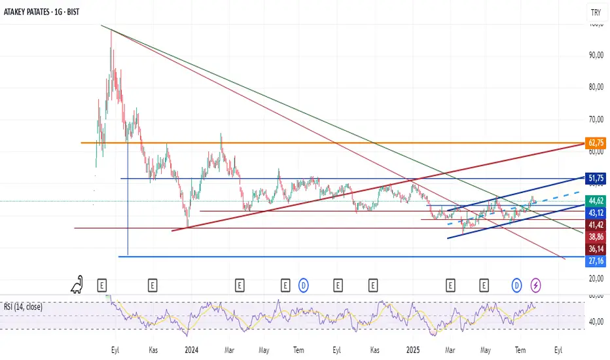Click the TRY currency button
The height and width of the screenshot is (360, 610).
(596, 12)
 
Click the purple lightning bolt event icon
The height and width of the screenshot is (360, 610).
(536, 285)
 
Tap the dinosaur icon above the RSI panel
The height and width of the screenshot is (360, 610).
(79, 285)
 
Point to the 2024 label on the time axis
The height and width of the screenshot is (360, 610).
(191, 350)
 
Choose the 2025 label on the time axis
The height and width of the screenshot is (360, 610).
(412, 350)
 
